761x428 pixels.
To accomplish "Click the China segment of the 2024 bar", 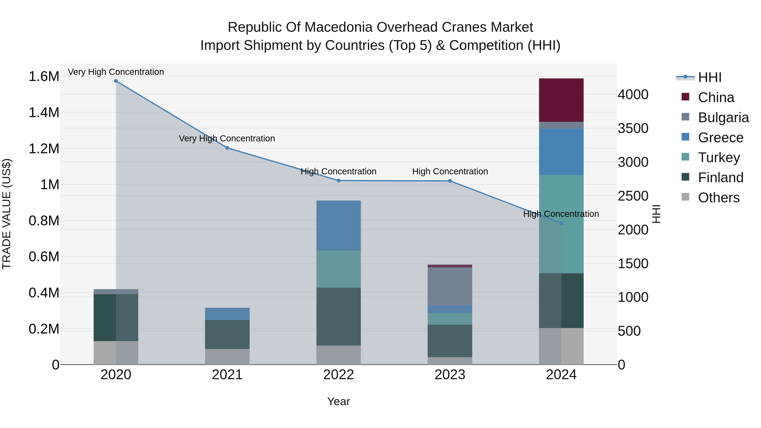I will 561,100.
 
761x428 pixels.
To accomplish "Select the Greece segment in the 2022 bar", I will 339,225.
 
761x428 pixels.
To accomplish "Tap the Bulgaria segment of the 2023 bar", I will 450,286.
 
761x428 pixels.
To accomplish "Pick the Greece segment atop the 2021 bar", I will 227,314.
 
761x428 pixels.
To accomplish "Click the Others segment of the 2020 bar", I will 116,353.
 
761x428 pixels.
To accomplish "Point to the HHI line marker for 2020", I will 116,81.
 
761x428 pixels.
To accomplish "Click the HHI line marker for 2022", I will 339,180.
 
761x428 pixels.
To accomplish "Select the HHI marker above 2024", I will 561,223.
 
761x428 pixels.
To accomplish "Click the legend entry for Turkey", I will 719,157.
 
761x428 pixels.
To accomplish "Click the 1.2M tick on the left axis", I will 44,149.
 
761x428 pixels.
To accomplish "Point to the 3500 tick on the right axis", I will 633,129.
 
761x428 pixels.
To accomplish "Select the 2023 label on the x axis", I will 450,375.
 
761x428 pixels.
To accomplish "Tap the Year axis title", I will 339,401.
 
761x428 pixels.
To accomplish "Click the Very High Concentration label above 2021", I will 227,138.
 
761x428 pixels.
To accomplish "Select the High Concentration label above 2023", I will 450,171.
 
